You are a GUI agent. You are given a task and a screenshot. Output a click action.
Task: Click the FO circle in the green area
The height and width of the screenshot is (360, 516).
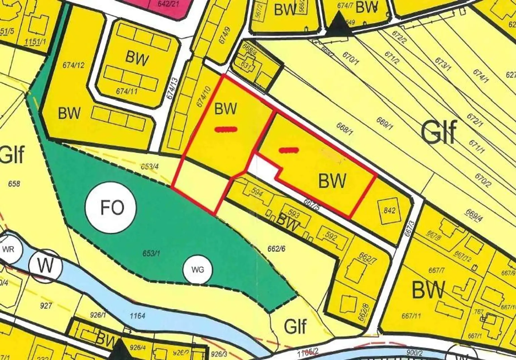[x=111, y=207]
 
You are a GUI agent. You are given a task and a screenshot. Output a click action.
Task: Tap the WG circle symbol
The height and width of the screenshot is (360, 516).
[x=198, y=269]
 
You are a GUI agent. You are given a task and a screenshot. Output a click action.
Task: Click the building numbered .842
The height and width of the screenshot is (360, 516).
[x=389, y=211]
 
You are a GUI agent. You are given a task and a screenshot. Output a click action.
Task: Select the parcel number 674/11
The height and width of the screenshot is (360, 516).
[x=127, y=91]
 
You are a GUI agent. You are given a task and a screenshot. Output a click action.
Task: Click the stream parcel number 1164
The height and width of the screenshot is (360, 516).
[x=137, y=316]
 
